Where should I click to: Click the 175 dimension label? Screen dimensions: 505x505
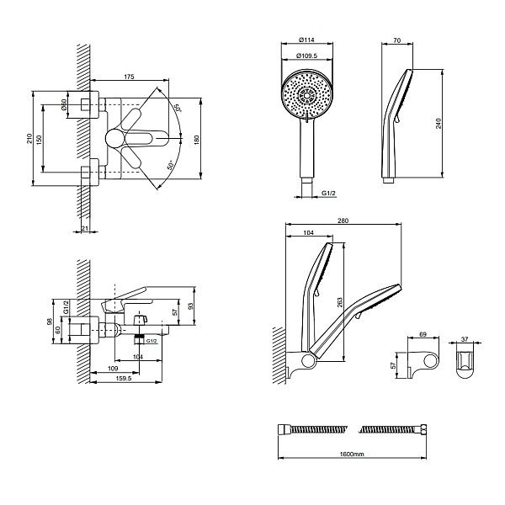click(129, 77)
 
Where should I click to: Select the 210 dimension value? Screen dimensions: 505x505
click(29, 138)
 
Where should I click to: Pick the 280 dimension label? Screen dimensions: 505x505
click(343, 221)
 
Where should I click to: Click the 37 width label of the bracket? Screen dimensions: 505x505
click(466, 340)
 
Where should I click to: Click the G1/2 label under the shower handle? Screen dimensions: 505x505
click(329, 194)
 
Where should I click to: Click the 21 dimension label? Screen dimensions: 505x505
click(85, 228)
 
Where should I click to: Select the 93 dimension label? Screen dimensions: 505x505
click(190, 306)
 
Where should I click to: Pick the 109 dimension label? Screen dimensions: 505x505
click(112, 368)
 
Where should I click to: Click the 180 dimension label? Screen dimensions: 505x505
click(197, 139)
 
